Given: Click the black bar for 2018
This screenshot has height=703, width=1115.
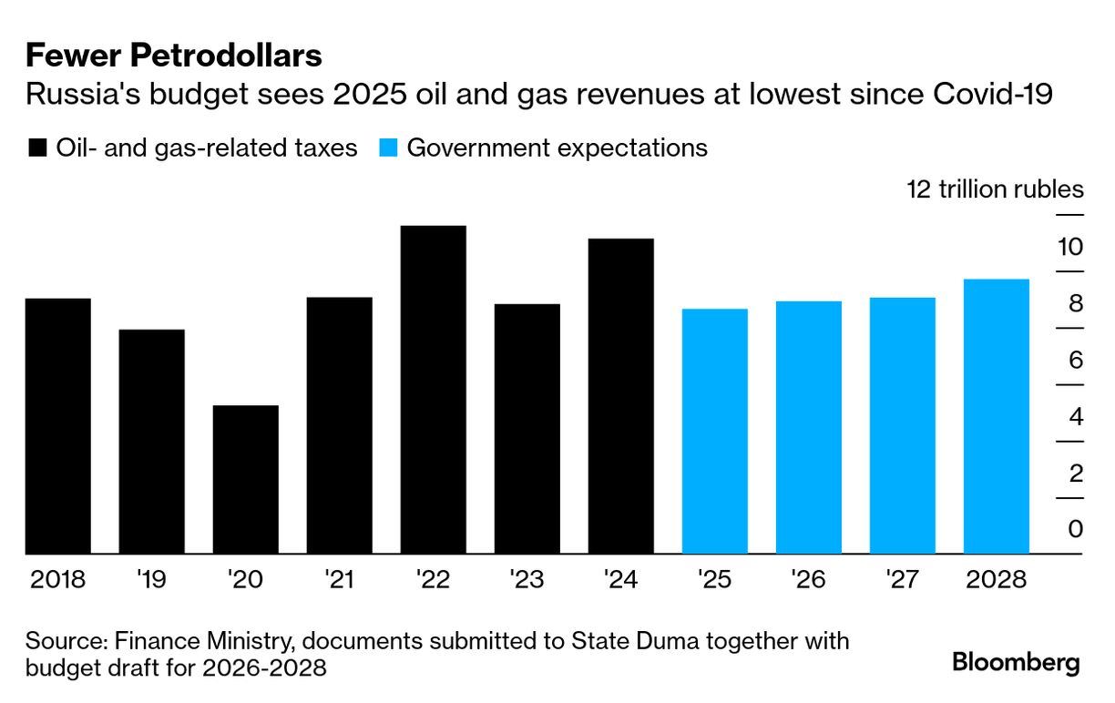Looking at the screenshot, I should [58, 426].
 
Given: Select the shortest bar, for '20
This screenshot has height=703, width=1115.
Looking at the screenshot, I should [246, 480].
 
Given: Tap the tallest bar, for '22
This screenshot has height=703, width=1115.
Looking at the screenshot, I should [434, 390].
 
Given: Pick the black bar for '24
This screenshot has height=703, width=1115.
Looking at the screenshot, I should [621, 396].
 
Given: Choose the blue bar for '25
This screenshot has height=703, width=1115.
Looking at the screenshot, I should [715, 432].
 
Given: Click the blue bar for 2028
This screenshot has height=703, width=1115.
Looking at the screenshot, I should [997, 416].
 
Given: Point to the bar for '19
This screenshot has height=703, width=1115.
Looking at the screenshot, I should [152, 442].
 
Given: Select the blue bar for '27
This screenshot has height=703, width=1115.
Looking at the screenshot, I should [903, 425].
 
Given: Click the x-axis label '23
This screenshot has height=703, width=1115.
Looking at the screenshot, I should [527, 579].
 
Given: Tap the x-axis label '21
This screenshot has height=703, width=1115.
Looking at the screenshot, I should [340, 579].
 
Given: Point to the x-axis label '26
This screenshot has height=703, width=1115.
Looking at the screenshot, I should [809, 579].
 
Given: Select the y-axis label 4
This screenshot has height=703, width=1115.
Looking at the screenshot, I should [1076, 416].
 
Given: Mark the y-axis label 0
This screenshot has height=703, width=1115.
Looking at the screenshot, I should [1076, 529].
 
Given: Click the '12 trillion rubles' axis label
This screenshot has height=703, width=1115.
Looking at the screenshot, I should [995, 189].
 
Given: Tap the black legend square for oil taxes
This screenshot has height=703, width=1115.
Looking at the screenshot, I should [37, 148].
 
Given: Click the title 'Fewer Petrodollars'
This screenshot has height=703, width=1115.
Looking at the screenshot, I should [174, 56].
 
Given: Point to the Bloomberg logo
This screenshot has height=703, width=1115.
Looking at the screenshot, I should [1016, 662].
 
